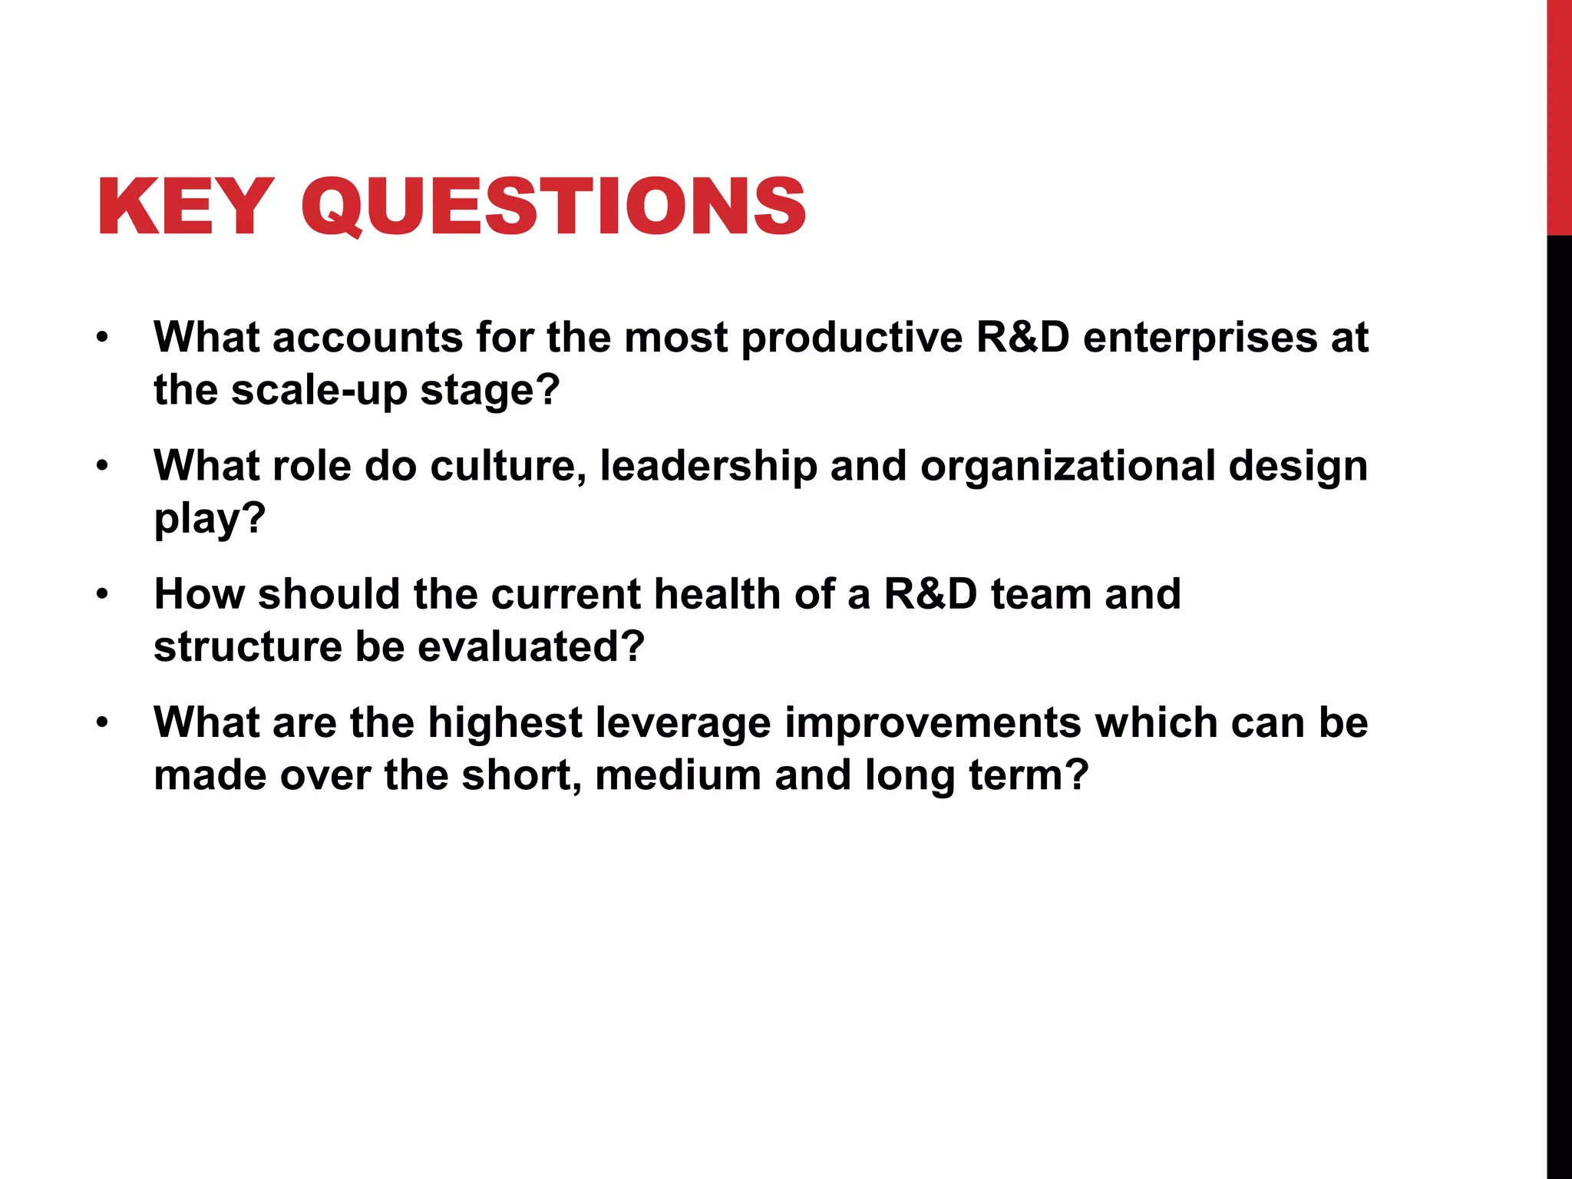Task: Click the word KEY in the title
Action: coord(184,207)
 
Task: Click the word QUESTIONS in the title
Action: coord(553,207)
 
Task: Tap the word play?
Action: coord(210,519)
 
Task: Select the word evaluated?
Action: coord(530,646)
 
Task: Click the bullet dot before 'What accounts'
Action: coord(102,338)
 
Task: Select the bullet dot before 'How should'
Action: coord(102,594)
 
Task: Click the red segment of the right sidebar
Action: coord(1559,115)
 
